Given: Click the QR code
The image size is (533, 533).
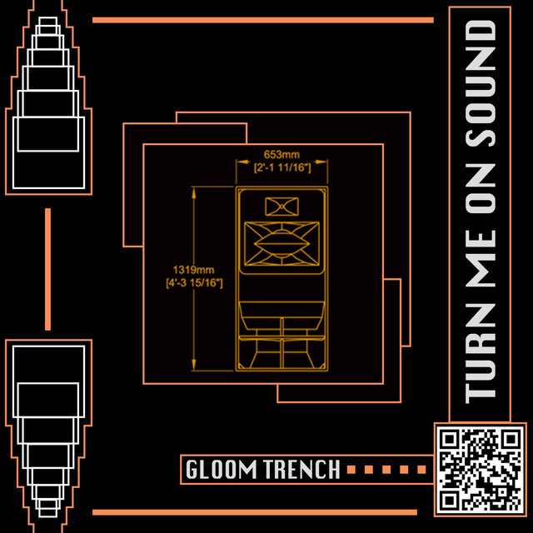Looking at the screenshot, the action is tap(481, 470).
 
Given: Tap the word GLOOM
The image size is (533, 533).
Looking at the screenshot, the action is tap(221, 470).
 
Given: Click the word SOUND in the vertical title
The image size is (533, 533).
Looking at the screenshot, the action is tap(480, 83).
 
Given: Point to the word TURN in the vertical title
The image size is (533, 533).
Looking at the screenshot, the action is tap(480, 353).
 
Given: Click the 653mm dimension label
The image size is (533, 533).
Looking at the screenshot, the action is tap(281, 155).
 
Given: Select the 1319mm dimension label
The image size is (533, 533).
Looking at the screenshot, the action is tap(194, 270).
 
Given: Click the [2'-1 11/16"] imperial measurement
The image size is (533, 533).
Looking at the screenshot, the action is tap(282, 167).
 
